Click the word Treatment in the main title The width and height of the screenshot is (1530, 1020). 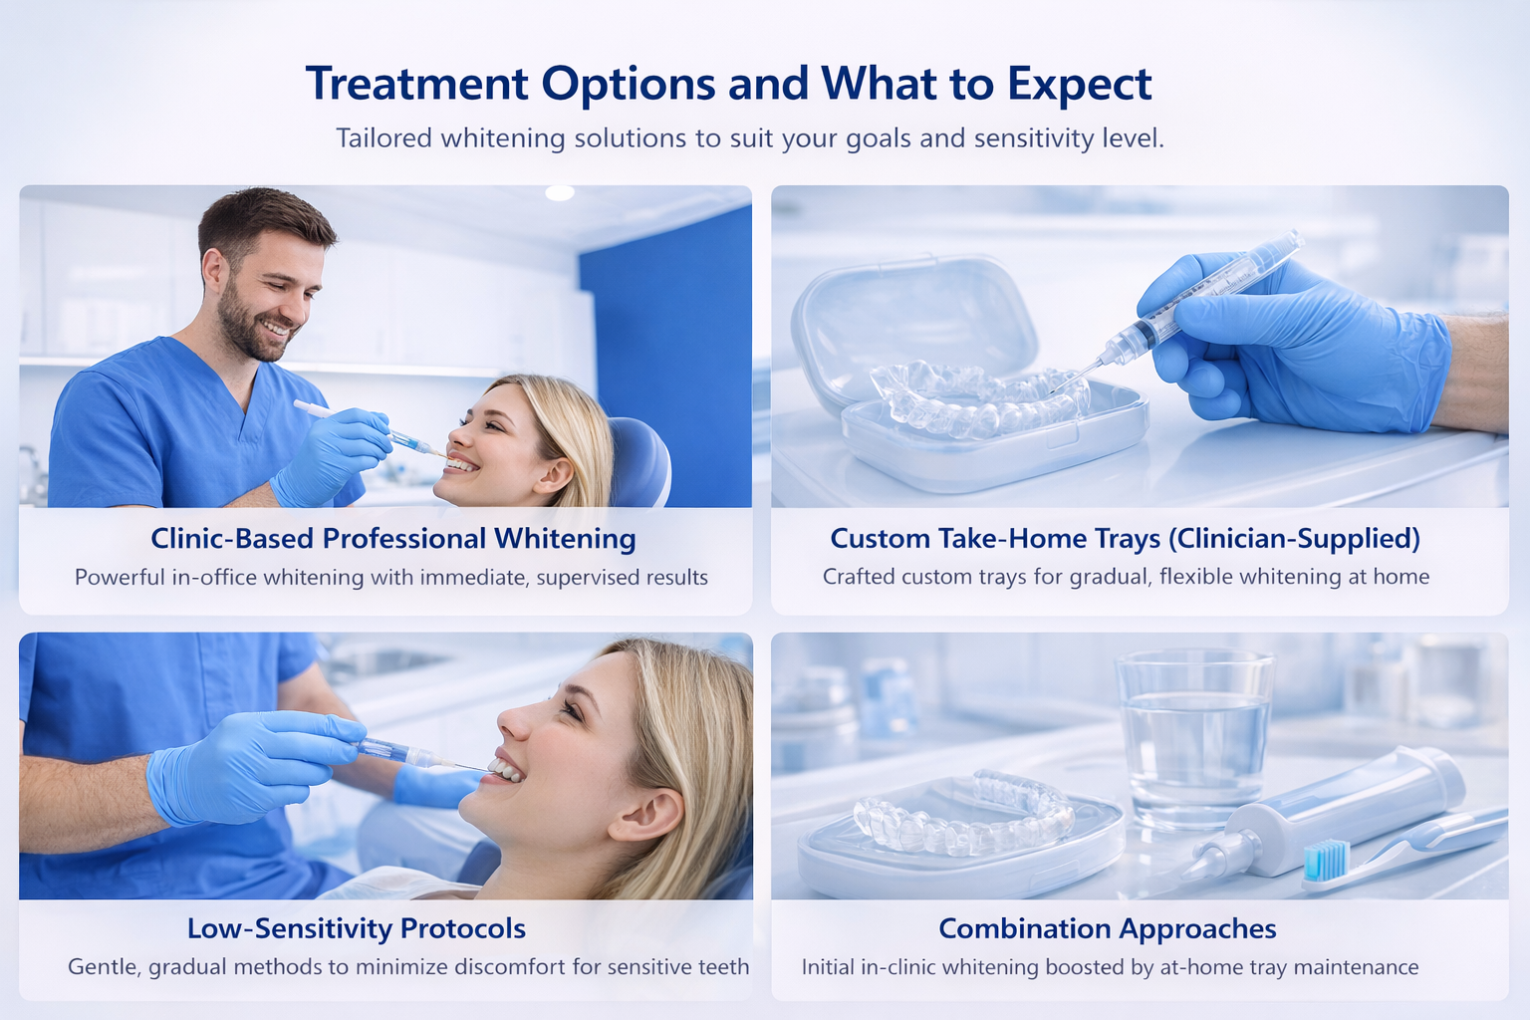pos(416,84)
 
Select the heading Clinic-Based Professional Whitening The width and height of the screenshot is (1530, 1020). pos(392,538)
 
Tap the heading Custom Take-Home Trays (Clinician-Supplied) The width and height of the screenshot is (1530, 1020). pos(1125,538)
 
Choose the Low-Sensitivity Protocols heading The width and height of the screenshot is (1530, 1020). pos(356,928)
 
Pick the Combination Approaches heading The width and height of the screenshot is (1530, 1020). pos(1107,928)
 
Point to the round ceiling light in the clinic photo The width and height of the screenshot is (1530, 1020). pos(559,192)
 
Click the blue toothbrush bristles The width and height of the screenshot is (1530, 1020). pos(1326,860)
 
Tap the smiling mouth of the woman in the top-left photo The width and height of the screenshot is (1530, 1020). pos(461,464)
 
